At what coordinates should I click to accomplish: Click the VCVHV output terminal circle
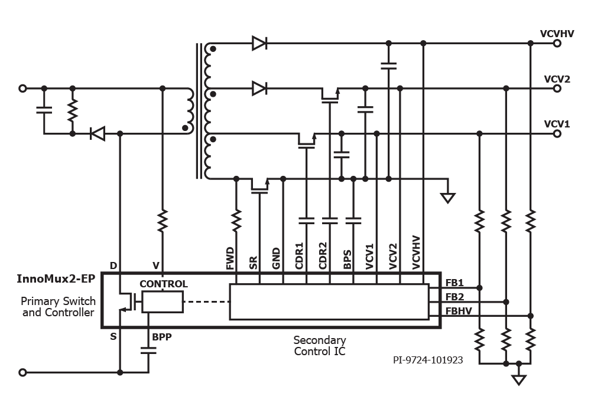coord(557,43)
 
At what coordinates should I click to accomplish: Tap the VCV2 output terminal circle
coord(557,88)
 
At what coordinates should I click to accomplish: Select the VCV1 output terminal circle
coord(557,133)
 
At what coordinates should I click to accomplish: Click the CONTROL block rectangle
coord(163,301)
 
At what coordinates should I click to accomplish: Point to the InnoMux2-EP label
coord(56,278)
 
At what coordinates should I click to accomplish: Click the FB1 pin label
coord(454,283)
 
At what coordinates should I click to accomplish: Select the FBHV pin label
coord(459,311)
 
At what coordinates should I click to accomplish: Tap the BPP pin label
coord(162,337)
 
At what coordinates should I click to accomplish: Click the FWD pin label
coord(230,258)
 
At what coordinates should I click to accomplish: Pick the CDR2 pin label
coord(323,256)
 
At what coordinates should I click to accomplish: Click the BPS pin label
coord(348,260)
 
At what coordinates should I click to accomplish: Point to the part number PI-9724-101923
coord(428,360)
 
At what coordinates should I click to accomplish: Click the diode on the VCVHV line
coord(259,43)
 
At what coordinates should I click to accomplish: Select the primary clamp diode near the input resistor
coord(98,133)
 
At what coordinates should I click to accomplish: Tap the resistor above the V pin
coord(163,221)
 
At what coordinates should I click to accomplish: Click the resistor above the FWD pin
coord(236,221)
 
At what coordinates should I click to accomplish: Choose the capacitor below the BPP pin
coord(148,350)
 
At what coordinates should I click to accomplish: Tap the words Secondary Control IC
coord(320,346)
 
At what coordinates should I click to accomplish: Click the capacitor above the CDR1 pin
coord(306,221)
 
